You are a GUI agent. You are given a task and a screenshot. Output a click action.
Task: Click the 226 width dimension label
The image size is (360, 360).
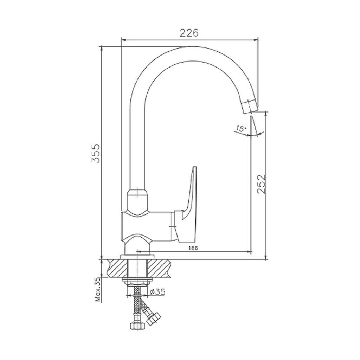click(x=189, y=33)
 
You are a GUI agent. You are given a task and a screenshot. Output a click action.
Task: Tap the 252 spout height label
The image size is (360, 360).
click(x=261, y=184)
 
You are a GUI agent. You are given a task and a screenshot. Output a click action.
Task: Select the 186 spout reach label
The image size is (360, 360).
click(x=193, y=248)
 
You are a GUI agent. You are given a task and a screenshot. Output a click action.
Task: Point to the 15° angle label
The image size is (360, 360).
click(x=240, y=128)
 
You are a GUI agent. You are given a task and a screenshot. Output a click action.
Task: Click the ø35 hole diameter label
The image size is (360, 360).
click(x=157, y=292)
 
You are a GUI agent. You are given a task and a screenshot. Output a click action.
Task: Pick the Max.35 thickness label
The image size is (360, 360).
click(x=98, y=289)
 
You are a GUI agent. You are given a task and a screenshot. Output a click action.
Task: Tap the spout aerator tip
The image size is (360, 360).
click(x=249, y=106)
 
